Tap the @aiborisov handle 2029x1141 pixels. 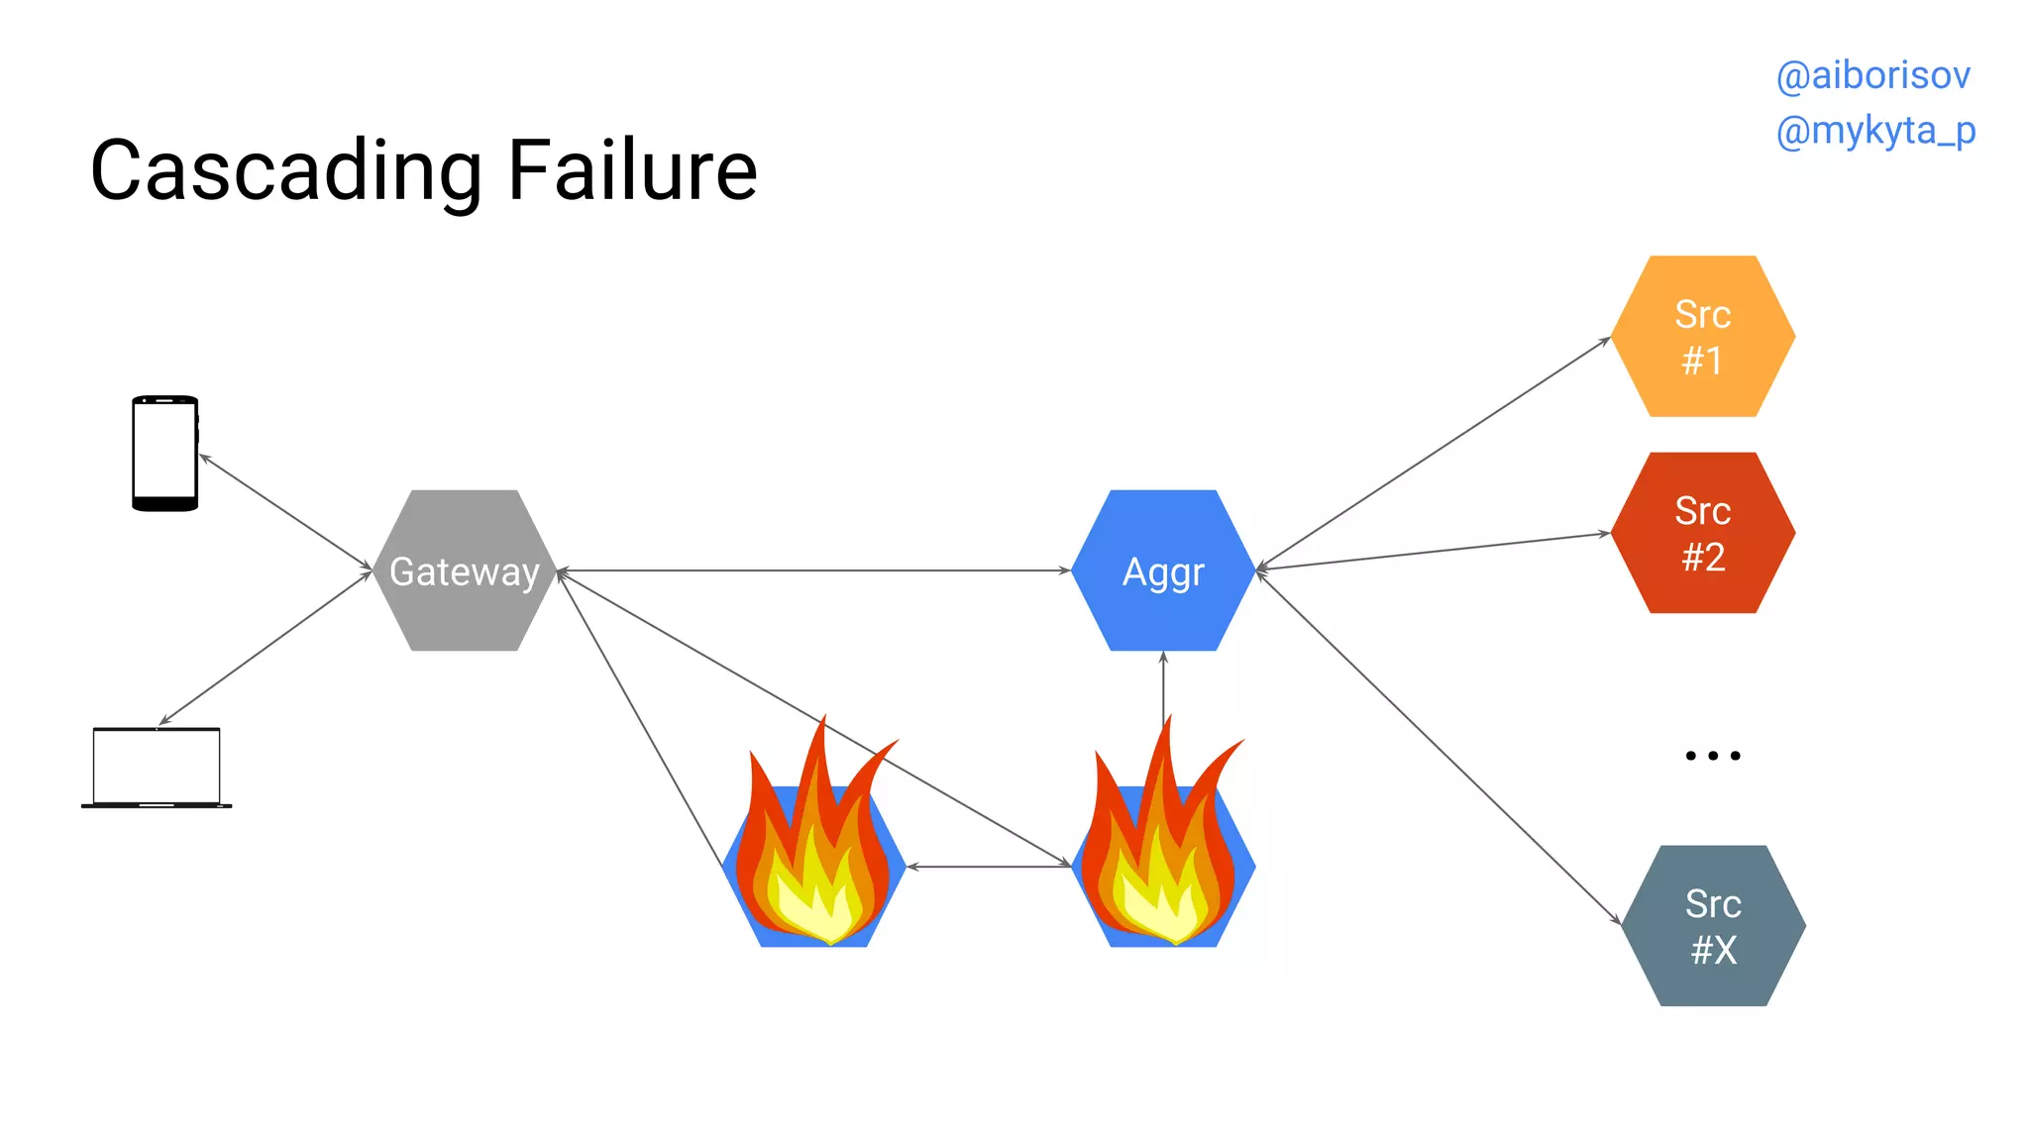tap(1872, 75)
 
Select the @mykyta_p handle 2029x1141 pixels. tap(1875, 131)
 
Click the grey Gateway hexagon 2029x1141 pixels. tap(464, 570)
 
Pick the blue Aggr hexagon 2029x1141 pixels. tap(1163, 570)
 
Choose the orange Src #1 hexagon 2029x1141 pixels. tap(1702, 337)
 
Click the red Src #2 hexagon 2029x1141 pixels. tap(1702, 533)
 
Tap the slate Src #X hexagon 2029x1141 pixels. tap(1713, 926)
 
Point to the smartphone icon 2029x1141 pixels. tap(164, 454)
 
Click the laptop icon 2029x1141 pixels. tap(157, 768)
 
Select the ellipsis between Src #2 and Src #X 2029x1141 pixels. tap(1712, 756)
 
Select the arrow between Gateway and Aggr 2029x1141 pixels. tap(812, 570)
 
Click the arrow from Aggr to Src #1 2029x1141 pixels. tap(1433, 454)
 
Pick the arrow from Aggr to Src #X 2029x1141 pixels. tap(1437, 747)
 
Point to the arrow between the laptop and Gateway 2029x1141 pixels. tap(266, 648)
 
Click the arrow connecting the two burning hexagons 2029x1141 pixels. tap(989, 867)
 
